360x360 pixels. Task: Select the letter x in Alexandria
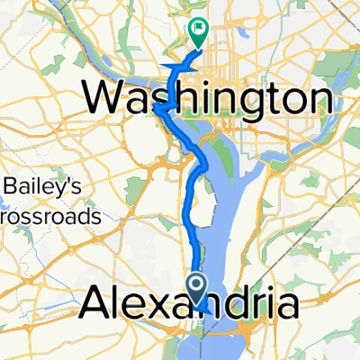click(x=160, y=308)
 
